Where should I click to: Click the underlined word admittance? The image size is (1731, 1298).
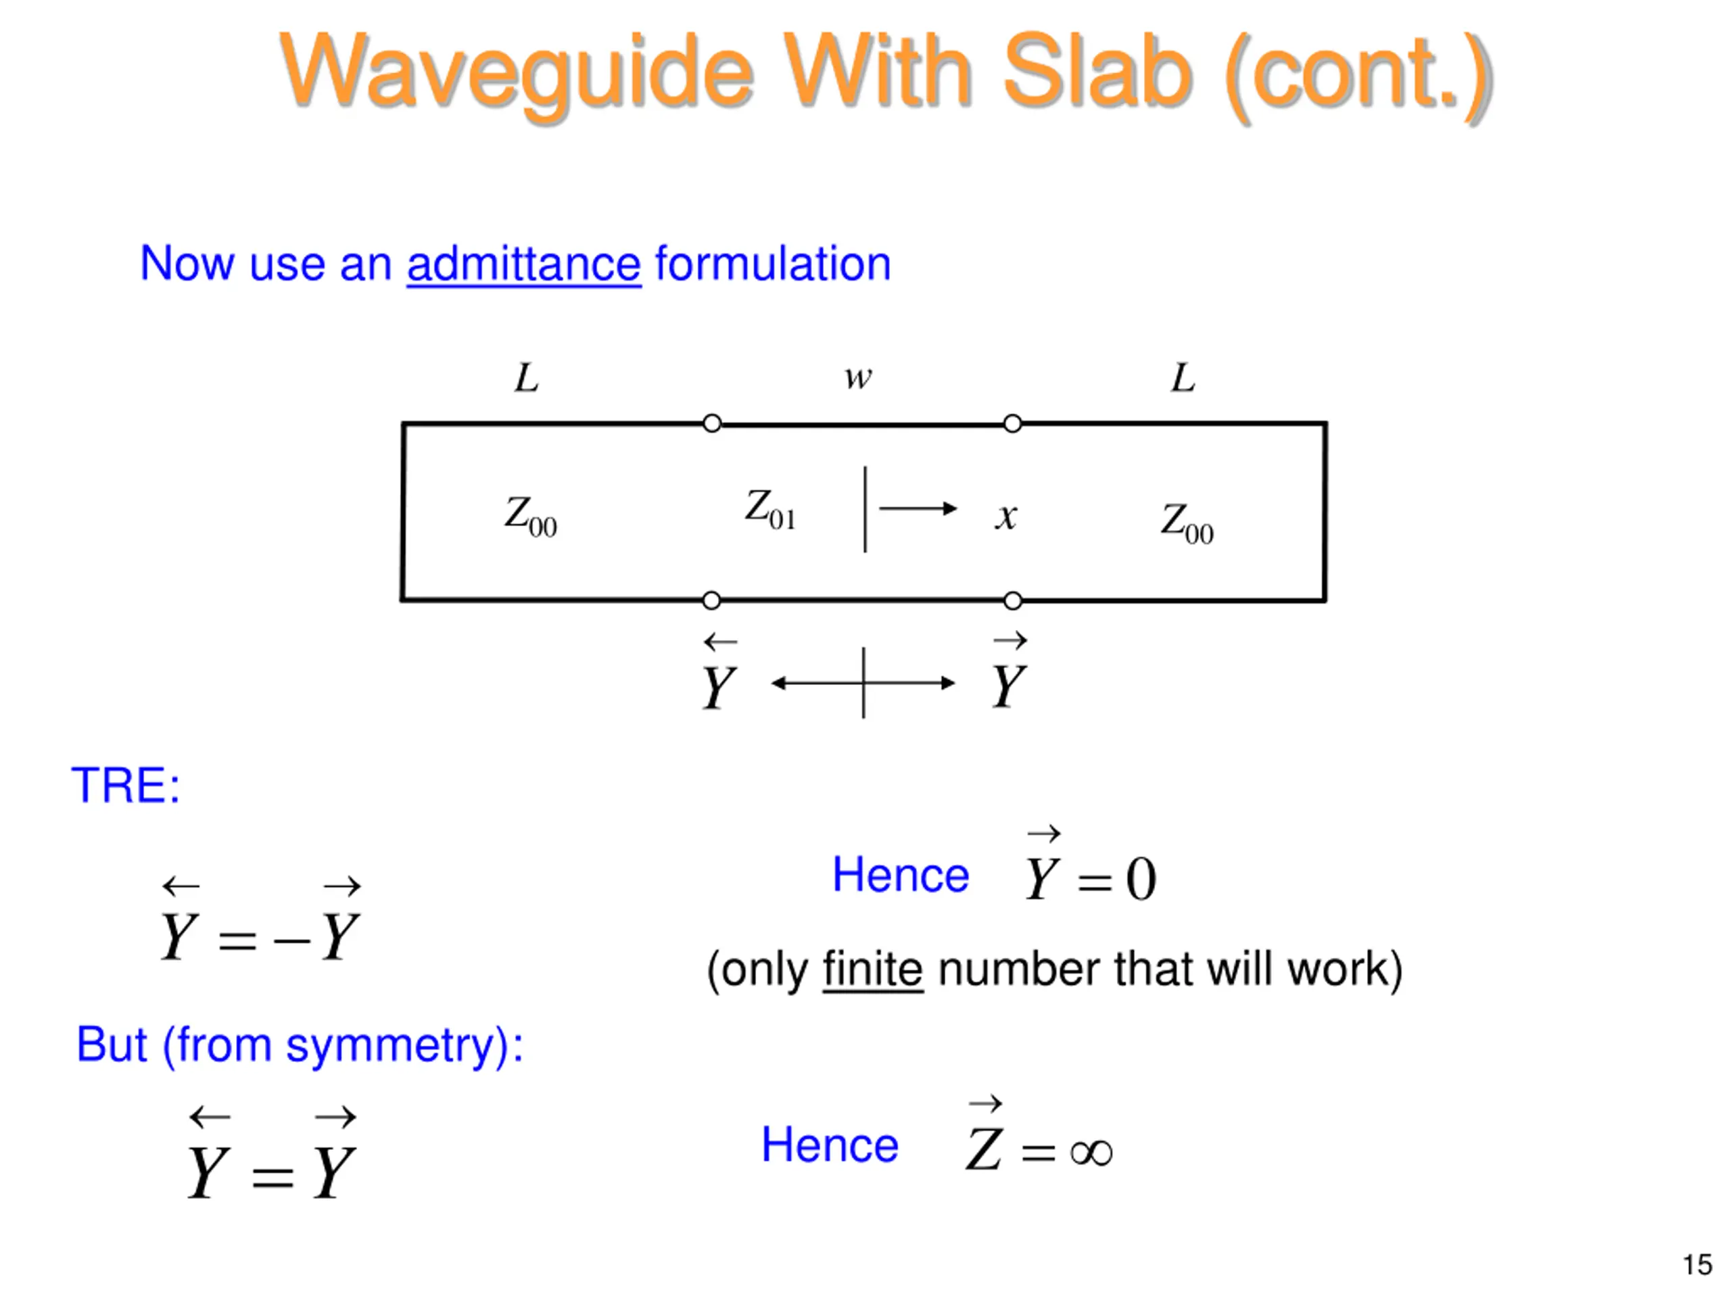tap(523, 264)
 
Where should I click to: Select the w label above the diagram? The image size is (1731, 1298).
tap(857, 378)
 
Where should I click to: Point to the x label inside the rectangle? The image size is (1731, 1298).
tap(1006, 516)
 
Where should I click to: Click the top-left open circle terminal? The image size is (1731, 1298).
tap(711, 423)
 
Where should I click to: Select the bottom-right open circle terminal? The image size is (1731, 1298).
tap(1013, 601)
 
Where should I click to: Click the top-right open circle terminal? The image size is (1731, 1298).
tap(1013, 423)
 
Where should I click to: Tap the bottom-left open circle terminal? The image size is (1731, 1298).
tap(711, 601)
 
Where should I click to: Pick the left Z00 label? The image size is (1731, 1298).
tap(530, 516)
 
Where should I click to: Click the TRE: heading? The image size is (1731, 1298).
tap(125, 785)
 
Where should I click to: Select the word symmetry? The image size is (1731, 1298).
tap(397, 1045)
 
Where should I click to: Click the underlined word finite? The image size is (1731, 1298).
tap(872, 969)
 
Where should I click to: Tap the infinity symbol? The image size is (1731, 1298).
tap(1091, 1152)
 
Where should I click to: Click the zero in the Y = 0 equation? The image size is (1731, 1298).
tap(1141, 880)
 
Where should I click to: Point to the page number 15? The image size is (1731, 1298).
tap(1697, 1264)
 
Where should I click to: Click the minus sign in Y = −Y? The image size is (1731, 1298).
tap(292, 939)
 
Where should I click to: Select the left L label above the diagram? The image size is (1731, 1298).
tap(526, 378)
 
